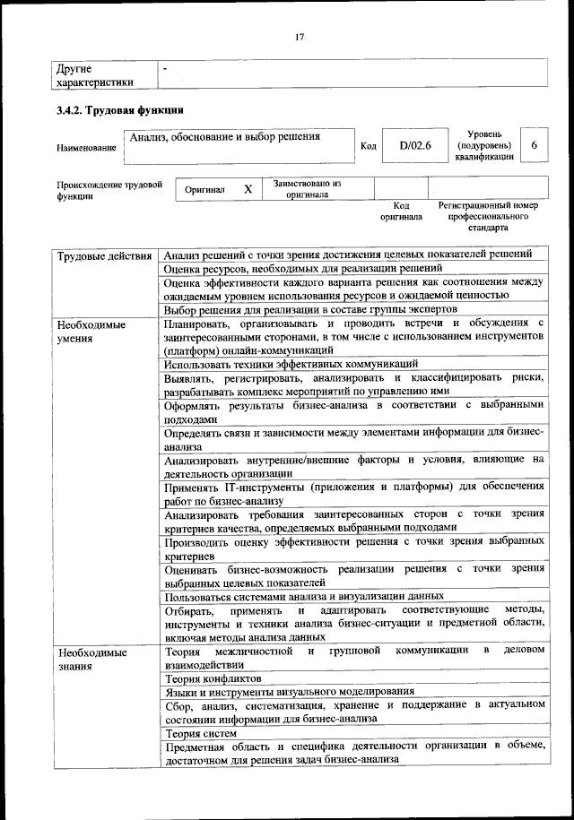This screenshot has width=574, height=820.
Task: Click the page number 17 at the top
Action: (x=300, y=37)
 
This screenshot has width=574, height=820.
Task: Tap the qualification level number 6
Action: (x=535, y=144)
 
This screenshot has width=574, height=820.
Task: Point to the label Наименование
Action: (x=86, y=148)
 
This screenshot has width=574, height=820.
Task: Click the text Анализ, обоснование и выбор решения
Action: (x=225, y=137)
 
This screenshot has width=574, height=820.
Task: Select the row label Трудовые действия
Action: (x=104, y=256)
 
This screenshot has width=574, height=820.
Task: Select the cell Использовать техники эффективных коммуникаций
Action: (x=291, y=364)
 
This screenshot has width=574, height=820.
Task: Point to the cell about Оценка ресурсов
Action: (x=303, y=268)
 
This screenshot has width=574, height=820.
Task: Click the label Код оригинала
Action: (x=401, y=211)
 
